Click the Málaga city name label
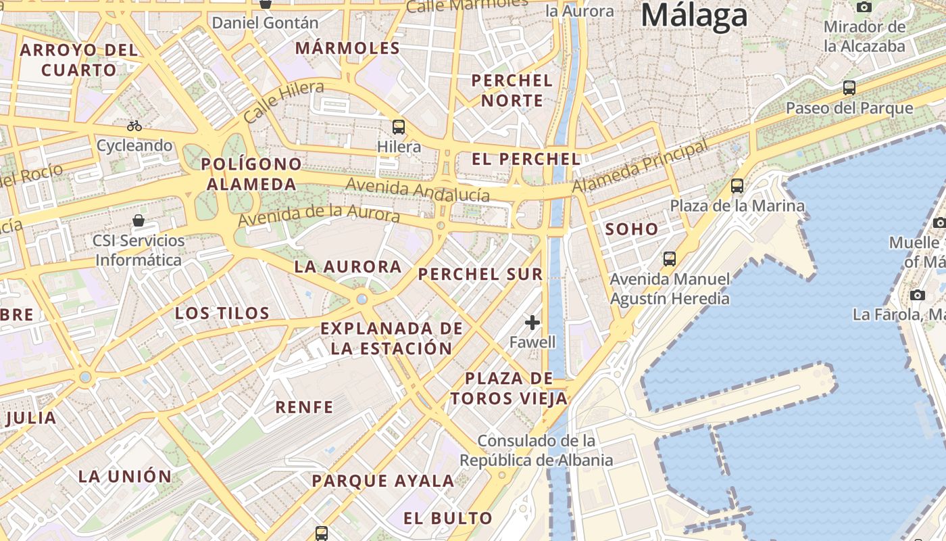coord(695,16)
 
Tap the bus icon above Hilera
coord(399,126)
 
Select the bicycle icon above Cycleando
coord(134,126)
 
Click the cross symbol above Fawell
coord(532,323)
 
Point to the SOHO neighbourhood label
coord(632,229)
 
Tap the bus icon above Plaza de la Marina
coord(737,185)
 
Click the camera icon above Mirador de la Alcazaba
coord(864,7)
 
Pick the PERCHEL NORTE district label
coord(512,91)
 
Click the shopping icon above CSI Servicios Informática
coord(139,220)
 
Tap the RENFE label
coord(304,407)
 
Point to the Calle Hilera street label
coord(283,101)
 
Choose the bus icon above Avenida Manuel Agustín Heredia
coord(670,258)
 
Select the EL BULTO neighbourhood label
coord(448,519)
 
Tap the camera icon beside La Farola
coord(917,295)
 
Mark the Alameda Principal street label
coord(641,166)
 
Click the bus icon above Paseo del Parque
coord(849,88)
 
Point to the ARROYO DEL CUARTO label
coord(79,60)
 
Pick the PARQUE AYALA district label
coord(382,481)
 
